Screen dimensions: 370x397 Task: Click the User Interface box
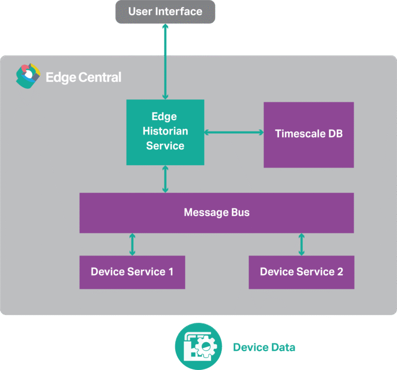tap(165, 11)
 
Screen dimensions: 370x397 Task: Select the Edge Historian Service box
tap(165, 132)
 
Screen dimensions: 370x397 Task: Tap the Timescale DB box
tap(309, 135)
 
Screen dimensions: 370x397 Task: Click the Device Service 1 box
tap(132, 272)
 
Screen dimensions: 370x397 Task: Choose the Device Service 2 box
tap(301, 272)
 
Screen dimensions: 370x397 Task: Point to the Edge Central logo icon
tap(27, 77)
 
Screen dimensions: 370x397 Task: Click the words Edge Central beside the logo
tap(83, 78)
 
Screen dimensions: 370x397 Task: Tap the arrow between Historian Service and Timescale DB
tap(234, 132)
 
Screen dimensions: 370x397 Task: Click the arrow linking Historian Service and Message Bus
tap(165, 179)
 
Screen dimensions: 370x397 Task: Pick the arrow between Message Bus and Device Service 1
tap(132, 244)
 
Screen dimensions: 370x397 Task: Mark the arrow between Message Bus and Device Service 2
tap(301, 244)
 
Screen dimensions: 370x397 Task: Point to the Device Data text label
tap(264, 347)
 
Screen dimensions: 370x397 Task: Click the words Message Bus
tap(217, 213)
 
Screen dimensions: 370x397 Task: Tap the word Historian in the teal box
tap(165, 131)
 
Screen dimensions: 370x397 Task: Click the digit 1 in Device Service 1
tap(171, 272)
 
